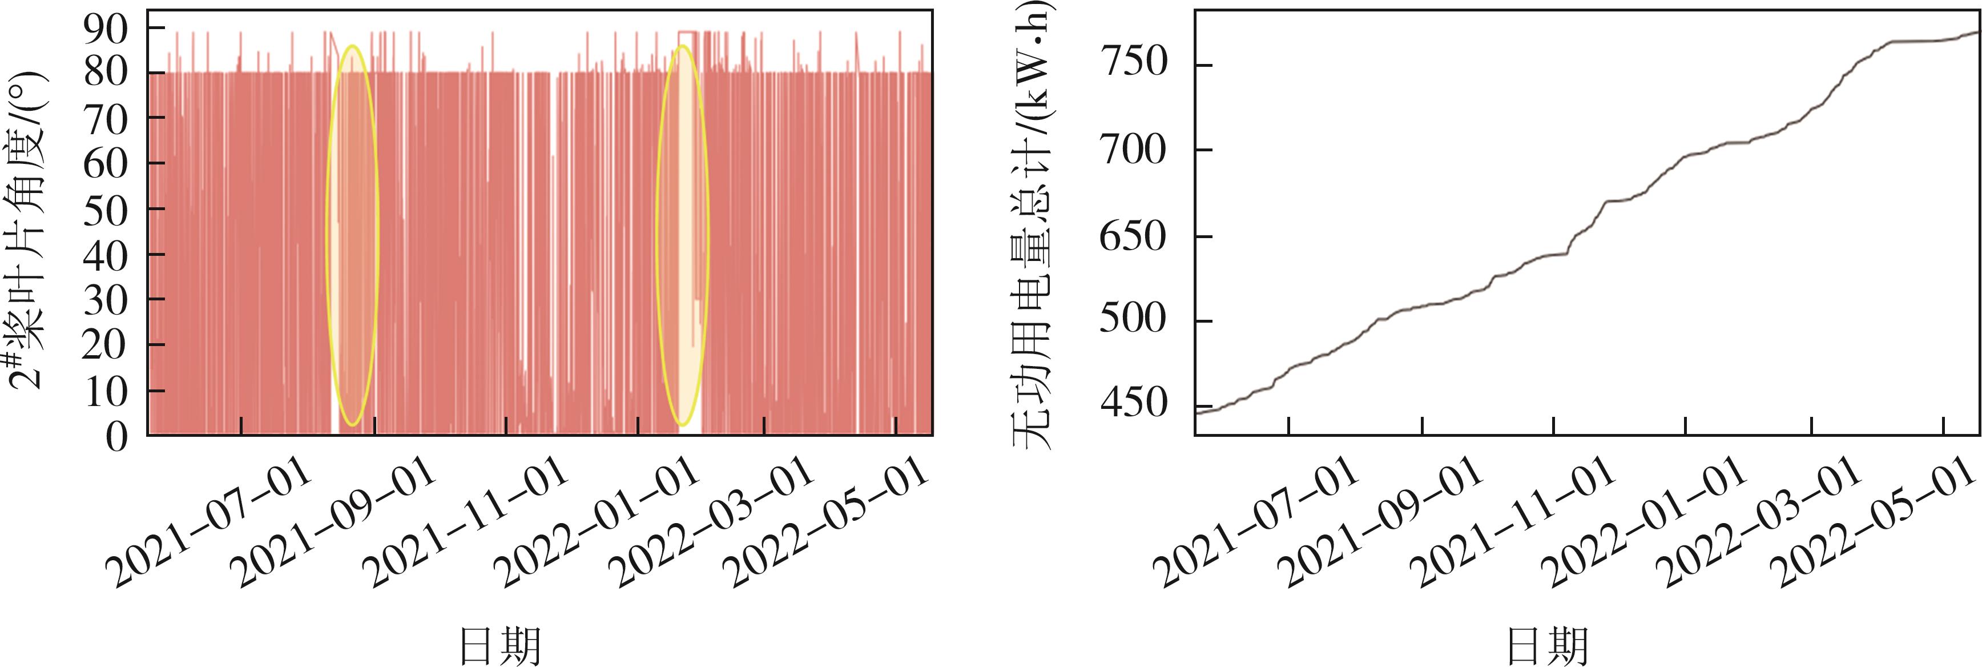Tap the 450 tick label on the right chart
point(1133,404)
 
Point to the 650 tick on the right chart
point(1133,236)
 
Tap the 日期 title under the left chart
point(500,645)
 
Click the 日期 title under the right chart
point(1546,645)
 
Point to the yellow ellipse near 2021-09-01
point(352,235)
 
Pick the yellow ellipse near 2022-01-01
point(682,235)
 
